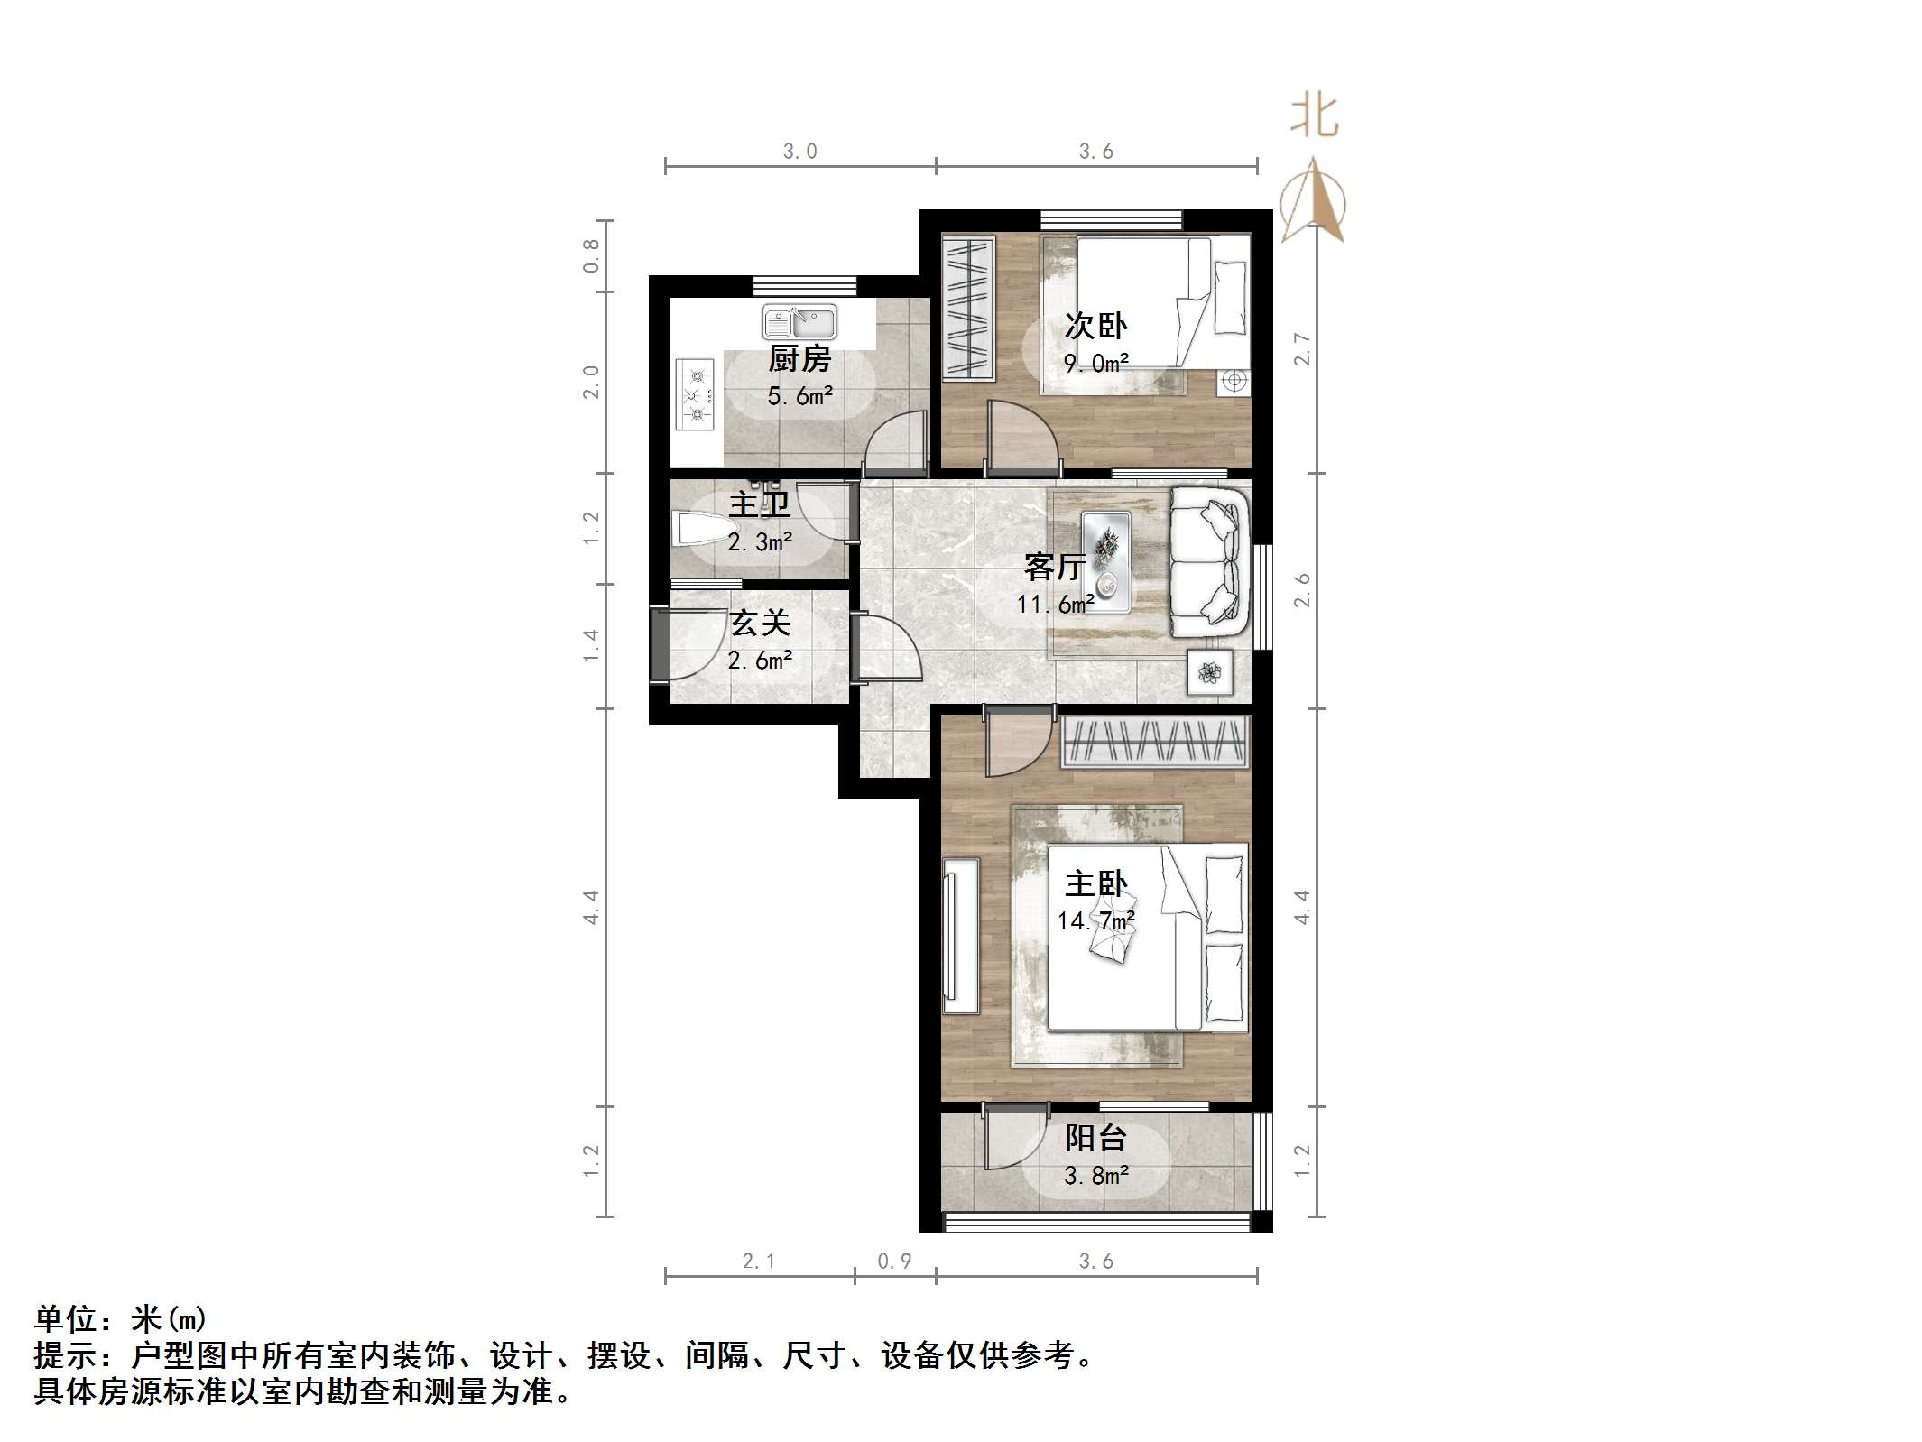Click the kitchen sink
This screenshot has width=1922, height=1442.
click(x=799, y=322)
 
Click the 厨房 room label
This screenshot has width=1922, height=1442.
click(x=799, y=359)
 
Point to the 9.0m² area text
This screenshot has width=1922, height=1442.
click(x=1095, y=364)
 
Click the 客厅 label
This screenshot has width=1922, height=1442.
click(x=1054, y=567)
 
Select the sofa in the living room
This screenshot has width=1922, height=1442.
click(x=1209, y=559)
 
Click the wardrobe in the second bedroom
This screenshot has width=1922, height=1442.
click(x=968, y=307)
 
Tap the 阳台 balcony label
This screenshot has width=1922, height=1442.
click(x=1095, y=1138)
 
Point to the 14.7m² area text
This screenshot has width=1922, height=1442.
click(x=1095, y=920)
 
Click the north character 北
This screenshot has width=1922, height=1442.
click(x=1314, y=117)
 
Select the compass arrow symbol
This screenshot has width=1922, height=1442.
click(x=1314, y=202)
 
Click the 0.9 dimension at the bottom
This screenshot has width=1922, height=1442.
click(x=894, y=1261)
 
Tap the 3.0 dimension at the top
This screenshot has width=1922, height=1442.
click(x=799, y=152)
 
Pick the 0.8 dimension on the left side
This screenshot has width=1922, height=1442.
click(x=591, y=255)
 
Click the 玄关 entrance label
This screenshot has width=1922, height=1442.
click(x=760, y=623)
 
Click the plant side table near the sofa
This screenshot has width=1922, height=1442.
click(x=1209, y=672)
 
